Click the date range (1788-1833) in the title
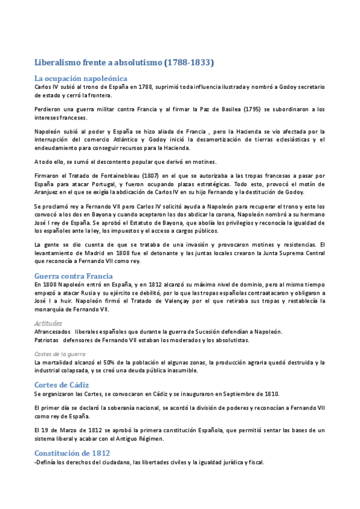coord(184,62)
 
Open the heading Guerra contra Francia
coord(74,276)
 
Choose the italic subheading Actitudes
coord(48,323)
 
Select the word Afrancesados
coord(53,332)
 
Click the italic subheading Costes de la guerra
coord(59,354)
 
